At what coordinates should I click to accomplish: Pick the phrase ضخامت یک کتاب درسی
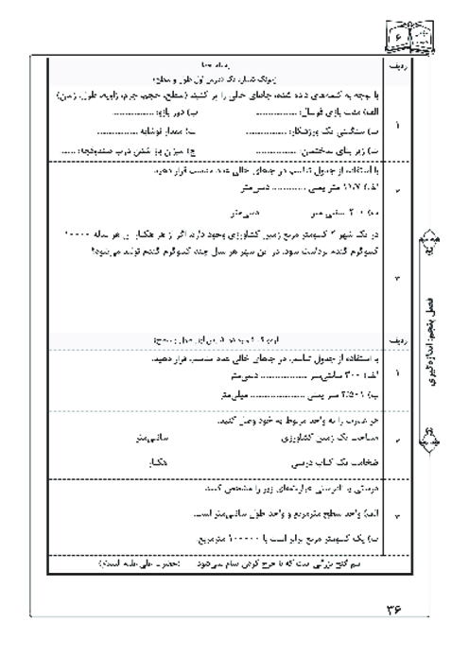point(316,464)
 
